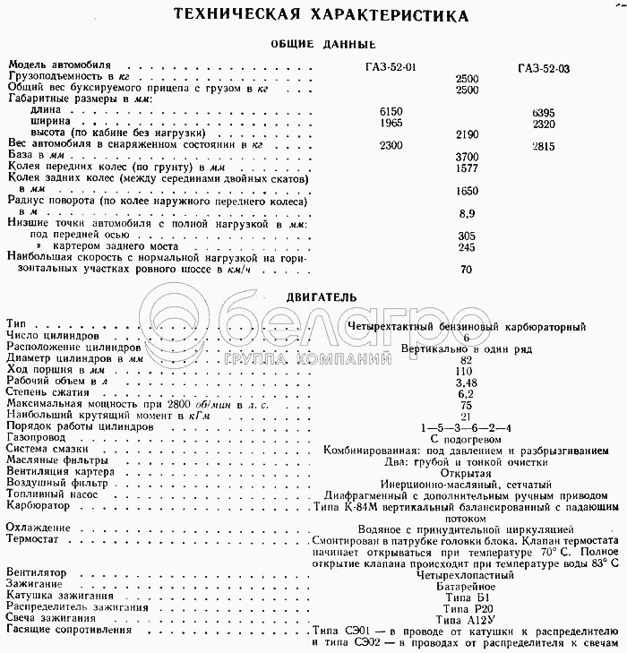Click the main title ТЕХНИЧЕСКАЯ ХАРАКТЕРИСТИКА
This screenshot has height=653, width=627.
[313, 15]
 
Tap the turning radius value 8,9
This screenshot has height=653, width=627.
[466, 213]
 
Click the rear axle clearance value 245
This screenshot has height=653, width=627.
[466, 247]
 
